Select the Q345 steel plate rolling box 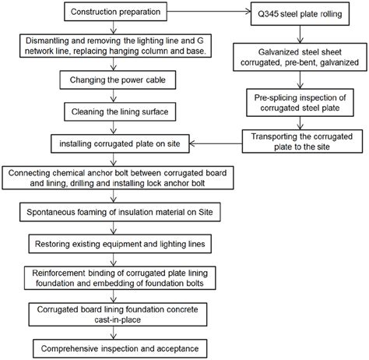coord(304,13)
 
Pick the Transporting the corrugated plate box coord(304,140)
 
